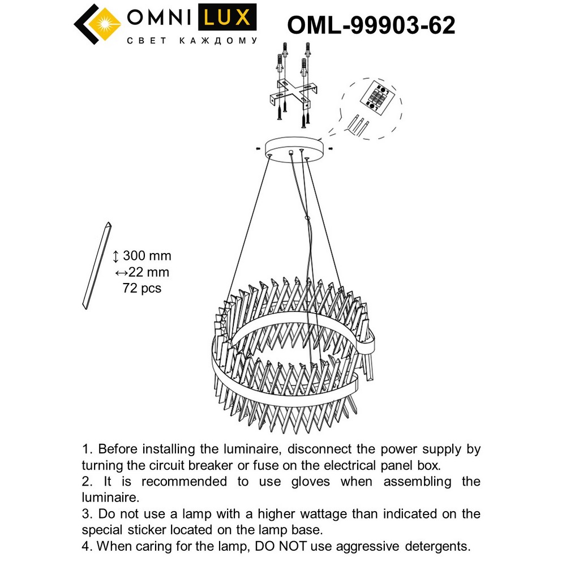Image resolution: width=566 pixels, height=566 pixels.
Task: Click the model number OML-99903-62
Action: [x=371, y=25]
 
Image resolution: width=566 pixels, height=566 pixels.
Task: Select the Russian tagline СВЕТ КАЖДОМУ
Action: [x=192, y=41]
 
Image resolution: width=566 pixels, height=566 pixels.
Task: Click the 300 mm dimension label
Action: [x=147, y=256]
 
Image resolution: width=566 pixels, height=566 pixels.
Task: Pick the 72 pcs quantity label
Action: [x=142, y=288]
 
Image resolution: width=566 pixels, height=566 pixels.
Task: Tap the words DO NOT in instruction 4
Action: [x=276, y=546]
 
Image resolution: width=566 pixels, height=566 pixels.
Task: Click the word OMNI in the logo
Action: [x=159, y=18]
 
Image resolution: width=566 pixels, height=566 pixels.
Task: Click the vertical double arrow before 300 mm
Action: [x=116, y=256]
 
